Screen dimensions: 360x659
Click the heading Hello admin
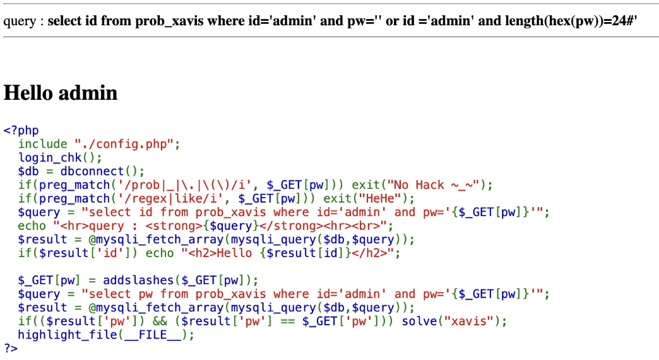(x=61, y=93)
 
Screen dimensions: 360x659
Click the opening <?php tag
(x=21, y=131)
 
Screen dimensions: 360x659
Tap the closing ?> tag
(x=11, y=348)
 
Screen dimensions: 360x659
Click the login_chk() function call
(x=59, y=158)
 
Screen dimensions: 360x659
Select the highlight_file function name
(x=67, y=335)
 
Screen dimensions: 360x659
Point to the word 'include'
(x=42, y=144)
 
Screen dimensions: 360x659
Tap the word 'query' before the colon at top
(x=20, y=21)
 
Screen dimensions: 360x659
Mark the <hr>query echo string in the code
(x=95, y=225)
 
